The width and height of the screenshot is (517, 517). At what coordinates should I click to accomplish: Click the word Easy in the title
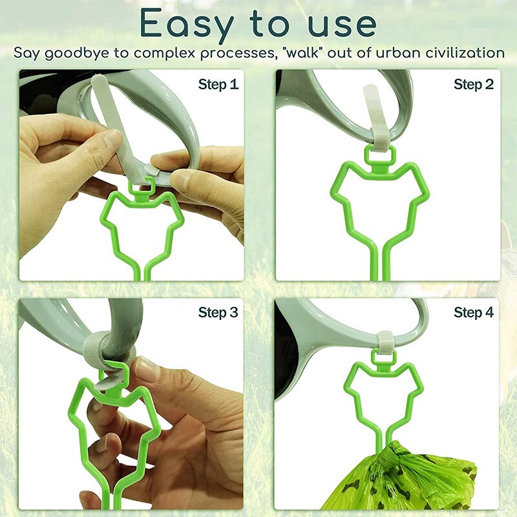(184, 24)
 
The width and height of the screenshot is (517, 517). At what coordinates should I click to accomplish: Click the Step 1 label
(218, 85)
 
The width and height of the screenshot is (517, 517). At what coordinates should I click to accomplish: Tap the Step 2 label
(474, 85)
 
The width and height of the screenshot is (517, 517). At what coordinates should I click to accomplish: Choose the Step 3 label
(218, 313)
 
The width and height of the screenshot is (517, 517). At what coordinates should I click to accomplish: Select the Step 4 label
(474, 313)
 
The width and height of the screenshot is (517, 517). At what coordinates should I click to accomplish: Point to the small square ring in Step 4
(386, 355)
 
